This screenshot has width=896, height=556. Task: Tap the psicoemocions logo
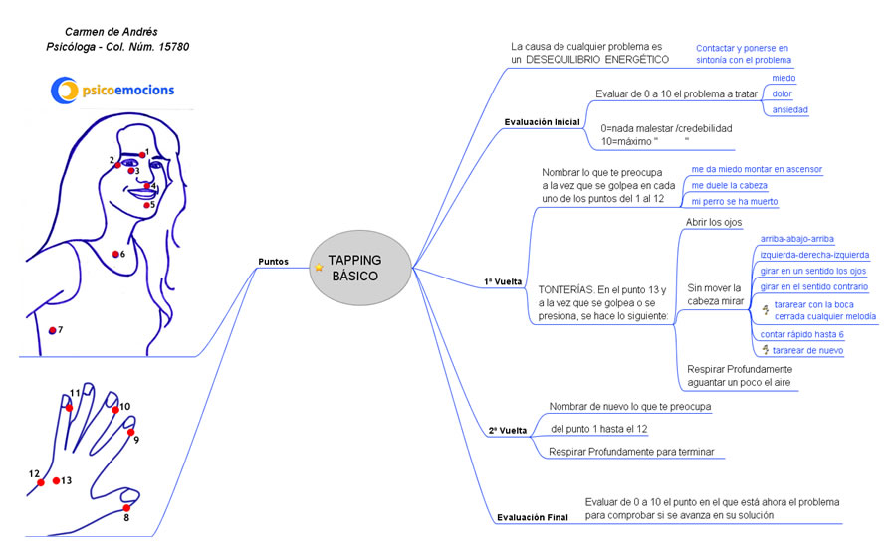(x=112, y=91)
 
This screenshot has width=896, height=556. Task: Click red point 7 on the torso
(x=52, y=330)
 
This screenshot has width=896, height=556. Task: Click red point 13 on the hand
(x=57, y=481)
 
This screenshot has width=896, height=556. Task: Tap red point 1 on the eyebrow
(x=141, y=155)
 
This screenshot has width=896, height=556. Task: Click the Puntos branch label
(x=274, y=261)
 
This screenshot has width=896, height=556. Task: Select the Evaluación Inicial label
(x=542, y=122)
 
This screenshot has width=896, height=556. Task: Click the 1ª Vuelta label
(x=504, y=282)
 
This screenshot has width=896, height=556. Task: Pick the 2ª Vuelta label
(x=507, y=431)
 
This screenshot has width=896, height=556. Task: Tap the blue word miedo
(x=784, y=78)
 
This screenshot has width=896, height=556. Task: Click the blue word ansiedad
(x=789, y=109)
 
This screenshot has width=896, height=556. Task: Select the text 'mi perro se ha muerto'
(x=735, y=202)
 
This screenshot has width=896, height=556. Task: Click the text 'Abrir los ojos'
(x=714, y=222)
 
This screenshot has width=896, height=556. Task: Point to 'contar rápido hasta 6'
(x=801, y=334)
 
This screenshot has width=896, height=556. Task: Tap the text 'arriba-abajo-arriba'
(x=796, y=239)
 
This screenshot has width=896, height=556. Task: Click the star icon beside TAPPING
(x=319, y=268)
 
